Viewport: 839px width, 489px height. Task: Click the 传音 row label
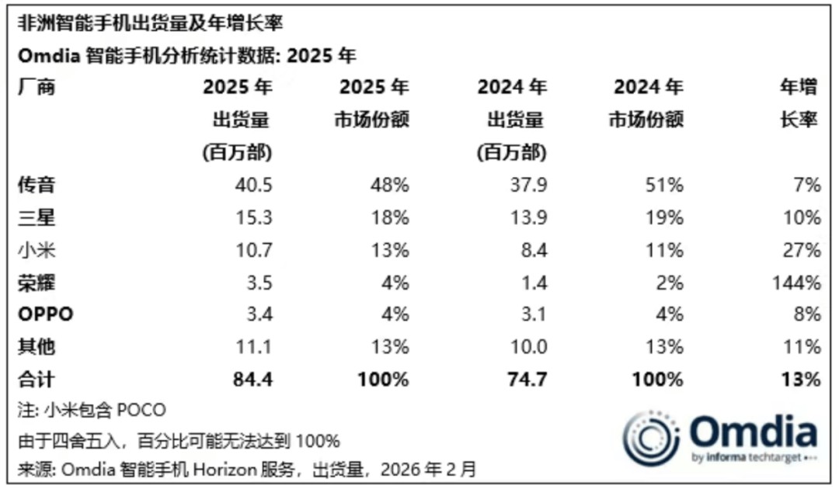[37, 186]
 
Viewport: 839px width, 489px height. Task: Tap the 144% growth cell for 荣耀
[797, 283]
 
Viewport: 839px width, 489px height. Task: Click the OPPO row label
[45, 315]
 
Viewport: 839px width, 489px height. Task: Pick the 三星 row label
[37, 218]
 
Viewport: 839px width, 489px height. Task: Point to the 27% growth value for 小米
[802, 250]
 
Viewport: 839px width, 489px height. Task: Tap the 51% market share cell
[665, 186]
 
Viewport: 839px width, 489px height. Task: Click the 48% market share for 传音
[390, 186]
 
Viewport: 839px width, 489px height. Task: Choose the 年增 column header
[799, 88]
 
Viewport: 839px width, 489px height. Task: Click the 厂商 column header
[37, 88]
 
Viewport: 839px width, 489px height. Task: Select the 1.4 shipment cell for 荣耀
[532, 283]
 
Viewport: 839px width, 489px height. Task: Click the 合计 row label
[37, 380]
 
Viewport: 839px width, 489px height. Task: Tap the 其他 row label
[37, 347]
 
